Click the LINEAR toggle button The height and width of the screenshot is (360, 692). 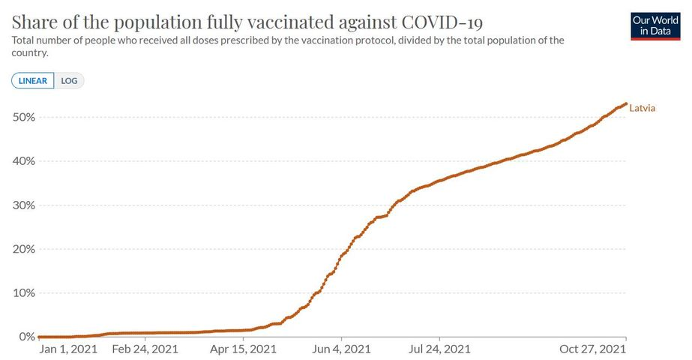(33, 81)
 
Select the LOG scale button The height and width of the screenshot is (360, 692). (69, 81)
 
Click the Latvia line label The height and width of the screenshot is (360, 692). (643, 108)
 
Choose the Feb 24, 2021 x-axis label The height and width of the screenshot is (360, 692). (145, 349)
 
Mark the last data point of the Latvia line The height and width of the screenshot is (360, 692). (626, 104)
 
